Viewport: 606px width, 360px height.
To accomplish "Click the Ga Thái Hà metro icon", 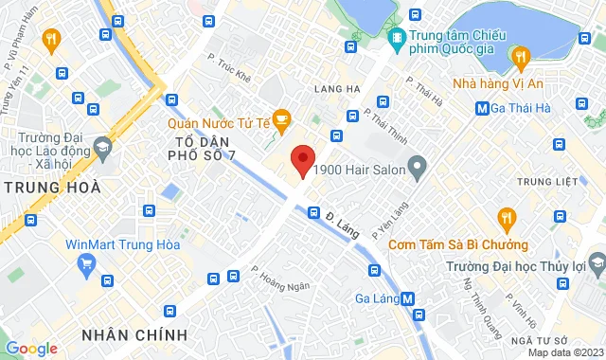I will pos(484,108).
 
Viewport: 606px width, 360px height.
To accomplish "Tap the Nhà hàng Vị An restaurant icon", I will pos(520,58).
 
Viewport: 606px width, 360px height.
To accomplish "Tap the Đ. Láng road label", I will pos(340,225).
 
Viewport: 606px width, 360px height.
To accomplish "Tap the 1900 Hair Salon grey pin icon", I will pos(418,171).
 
